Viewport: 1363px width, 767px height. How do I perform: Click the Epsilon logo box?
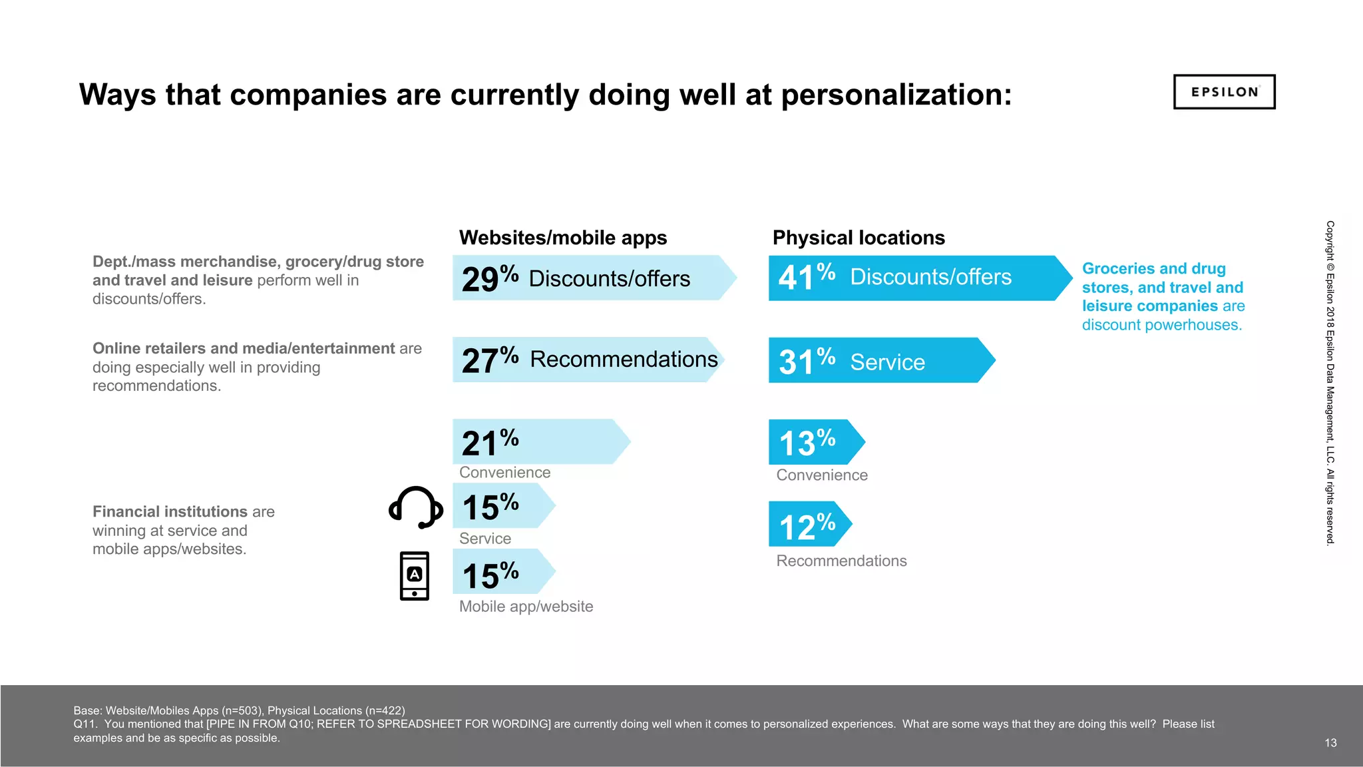(x=1224, y=92)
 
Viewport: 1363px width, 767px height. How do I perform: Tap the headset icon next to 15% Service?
(x=416, y=507)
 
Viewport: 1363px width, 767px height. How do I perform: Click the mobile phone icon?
(x=414, y=576)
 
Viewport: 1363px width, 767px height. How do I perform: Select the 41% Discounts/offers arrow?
(x=918, y=278)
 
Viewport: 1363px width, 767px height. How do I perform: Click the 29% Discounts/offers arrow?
(x=592, y=278)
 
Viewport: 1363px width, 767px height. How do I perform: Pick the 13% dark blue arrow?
(x=815, y=442)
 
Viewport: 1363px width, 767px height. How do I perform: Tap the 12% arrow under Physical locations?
(x=809, y=524)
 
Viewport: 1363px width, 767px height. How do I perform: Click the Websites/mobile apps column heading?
(x=563, y=238)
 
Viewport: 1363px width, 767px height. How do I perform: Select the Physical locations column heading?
(x=859, y=238)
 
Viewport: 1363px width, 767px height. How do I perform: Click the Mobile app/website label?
(x=526, y=607)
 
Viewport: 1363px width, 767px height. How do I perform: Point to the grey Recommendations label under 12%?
(x=841, y=561)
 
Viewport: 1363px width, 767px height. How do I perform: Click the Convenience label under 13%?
(x=822, y=475)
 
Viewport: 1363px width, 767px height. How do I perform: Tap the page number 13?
(x=1330, y=743)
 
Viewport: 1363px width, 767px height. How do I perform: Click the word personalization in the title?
(x=895, y=95)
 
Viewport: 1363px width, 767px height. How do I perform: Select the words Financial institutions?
(x=170, y=511)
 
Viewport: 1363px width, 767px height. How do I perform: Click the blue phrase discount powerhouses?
(x=1161, y=325)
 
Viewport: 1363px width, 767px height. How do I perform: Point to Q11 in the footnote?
(x=83, y=724)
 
